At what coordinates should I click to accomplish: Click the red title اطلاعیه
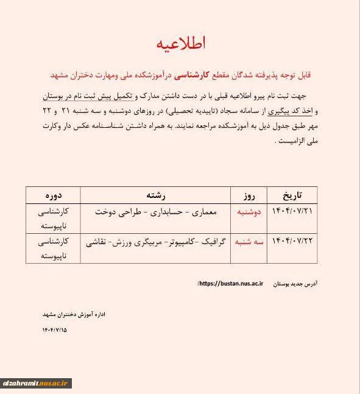[x=181, y=44]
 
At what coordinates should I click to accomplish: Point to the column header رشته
[x=155, y=195]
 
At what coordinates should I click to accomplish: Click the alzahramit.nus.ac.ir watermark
[x=37, y=383]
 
